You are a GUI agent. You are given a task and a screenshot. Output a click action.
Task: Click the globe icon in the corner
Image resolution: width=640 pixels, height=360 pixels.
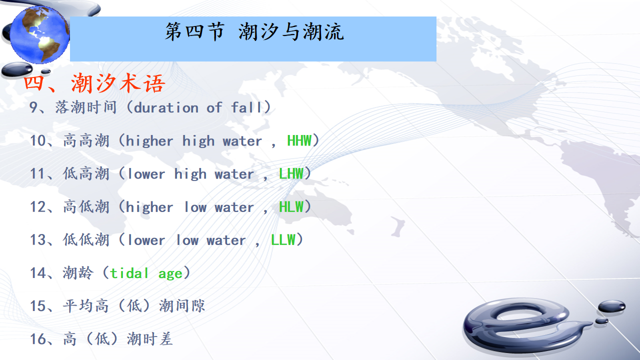coord(39,34)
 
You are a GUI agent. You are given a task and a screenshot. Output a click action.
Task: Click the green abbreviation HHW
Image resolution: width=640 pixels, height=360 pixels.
coord(299,140)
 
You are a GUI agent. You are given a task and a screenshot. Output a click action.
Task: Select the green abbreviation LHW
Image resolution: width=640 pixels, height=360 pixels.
coord(291,173)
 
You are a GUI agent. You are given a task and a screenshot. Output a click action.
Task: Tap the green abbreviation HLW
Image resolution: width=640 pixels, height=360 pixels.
coord(291,207)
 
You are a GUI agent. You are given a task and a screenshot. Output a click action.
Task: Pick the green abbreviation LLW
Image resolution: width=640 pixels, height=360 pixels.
coord(283,240)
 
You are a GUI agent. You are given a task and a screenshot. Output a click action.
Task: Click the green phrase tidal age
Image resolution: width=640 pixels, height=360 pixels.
coord(146,273)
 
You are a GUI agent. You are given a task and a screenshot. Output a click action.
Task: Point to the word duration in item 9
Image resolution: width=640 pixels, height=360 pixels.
coord(166,107)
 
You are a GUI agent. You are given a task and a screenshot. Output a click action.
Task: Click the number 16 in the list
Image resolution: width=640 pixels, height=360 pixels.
coord(37,339)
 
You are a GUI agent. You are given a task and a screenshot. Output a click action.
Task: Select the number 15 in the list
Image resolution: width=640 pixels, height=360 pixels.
coord(37,306)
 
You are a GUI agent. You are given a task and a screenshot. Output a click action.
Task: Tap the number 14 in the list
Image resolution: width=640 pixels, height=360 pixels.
coord(37,273)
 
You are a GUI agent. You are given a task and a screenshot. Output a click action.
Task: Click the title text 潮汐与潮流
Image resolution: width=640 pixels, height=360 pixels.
coord(291,31)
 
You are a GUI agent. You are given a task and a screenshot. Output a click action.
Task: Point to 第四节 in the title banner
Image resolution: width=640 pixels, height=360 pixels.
coord(195,31)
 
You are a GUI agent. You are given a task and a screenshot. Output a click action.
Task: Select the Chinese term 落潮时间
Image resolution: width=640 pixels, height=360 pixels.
coord(86,107)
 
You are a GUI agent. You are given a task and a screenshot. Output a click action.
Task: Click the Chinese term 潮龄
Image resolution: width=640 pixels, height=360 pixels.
coord(78,273)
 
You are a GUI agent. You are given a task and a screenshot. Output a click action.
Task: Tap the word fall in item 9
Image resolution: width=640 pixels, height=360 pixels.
coord(246,107)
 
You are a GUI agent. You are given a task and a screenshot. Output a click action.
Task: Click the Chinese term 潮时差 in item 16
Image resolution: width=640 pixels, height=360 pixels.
coord(149,339)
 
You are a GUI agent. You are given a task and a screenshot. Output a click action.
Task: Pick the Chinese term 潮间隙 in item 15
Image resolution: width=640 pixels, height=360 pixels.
coord(181,306)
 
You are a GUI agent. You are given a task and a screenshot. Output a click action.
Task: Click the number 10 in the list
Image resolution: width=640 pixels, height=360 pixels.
coord(37,140)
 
